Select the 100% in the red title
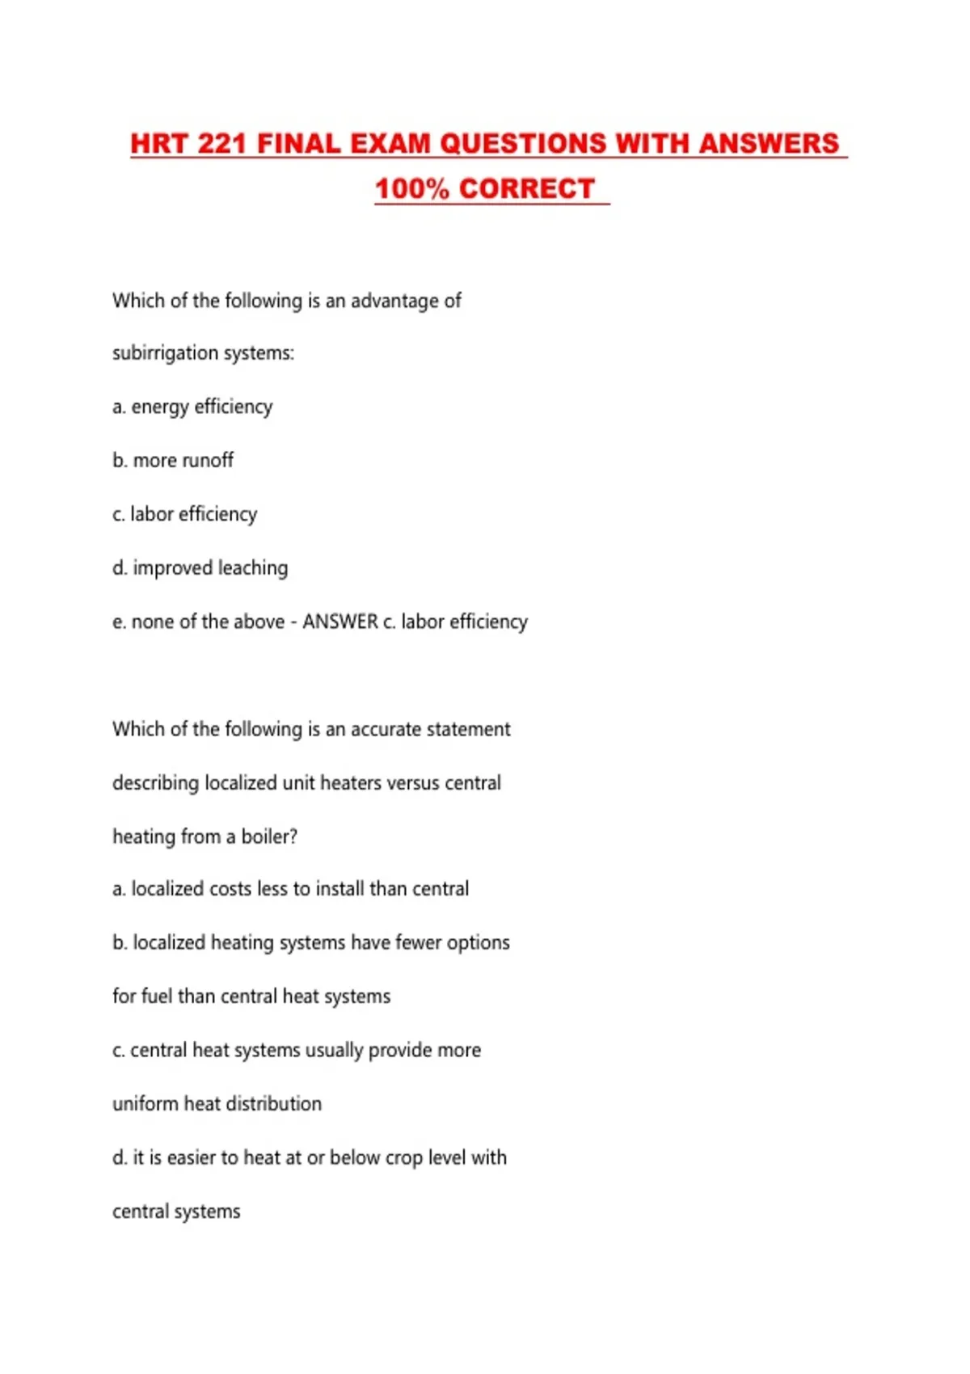coord(411,189)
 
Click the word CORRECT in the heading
coord(527,189)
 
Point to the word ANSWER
coord(340,622)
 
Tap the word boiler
coord(268,837)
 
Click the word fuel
coord(157,997)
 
